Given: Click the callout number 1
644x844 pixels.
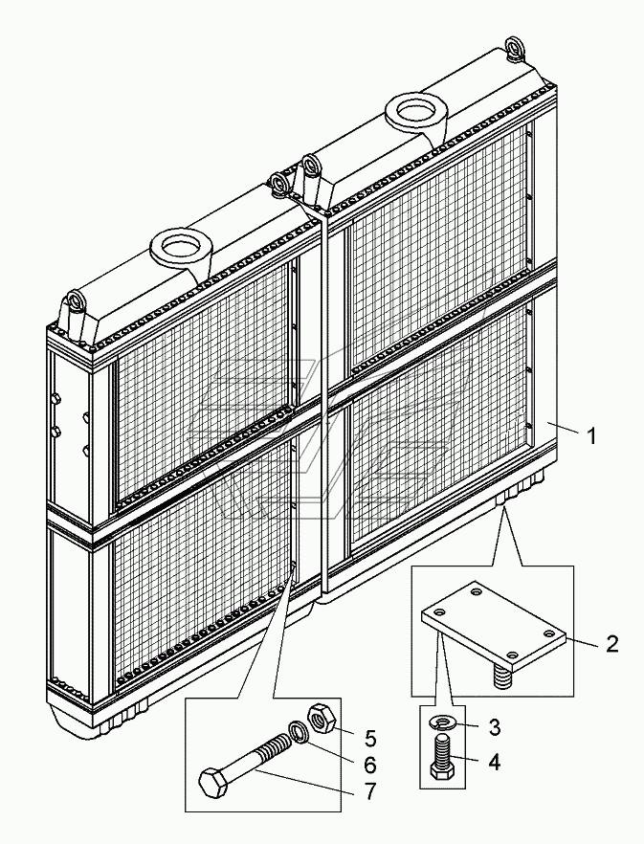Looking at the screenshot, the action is [591, 436].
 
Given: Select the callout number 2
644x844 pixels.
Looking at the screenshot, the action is [612, 644].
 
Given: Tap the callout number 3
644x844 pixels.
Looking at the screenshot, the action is [494, 727].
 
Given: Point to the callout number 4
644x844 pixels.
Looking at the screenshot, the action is [494, 762].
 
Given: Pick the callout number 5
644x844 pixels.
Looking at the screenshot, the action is [370, 739].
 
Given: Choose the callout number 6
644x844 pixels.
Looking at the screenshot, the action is [370, 765].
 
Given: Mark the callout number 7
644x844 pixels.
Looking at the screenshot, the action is [369, 791].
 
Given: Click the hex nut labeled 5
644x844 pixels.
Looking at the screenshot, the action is [323, 718].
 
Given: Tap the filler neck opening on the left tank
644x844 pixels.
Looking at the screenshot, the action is [180, 247].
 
